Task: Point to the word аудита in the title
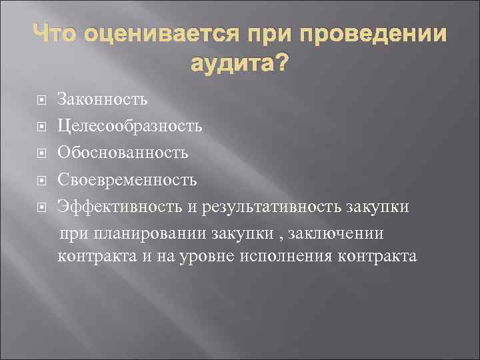pos(229,65)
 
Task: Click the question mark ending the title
pos(282,64)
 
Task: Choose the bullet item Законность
pos(102,100)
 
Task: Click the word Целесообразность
pos(130,127)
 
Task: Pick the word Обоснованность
pos(123,153)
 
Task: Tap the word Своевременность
pos(127,179)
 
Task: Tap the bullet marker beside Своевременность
pos(41,180)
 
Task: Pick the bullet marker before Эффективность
pos(41,207)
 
